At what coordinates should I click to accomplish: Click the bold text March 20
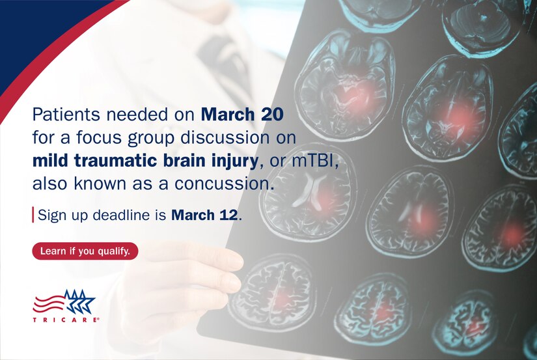[241, 115]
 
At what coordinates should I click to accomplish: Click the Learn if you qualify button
[85, 251]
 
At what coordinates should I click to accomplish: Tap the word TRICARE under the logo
[65, 320]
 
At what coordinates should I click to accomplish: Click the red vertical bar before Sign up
[33, 215]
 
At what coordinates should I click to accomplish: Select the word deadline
[116, 215]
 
